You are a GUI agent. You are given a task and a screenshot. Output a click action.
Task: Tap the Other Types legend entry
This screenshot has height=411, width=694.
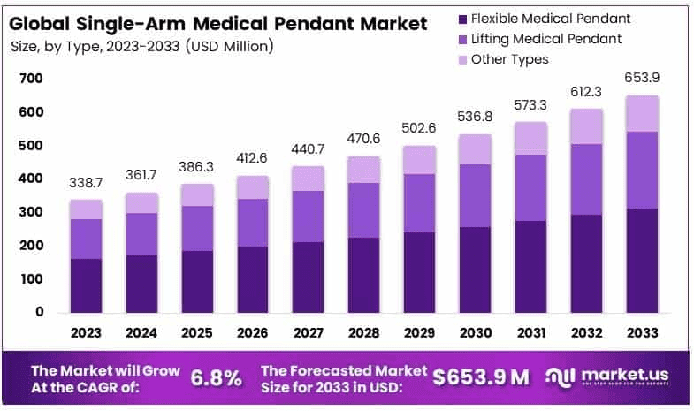click(x=509, y=59)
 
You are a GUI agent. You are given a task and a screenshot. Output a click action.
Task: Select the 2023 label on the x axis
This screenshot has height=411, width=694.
click(x=86, y=333)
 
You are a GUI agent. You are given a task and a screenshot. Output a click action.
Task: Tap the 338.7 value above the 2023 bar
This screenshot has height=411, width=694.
click(x=86, y=182)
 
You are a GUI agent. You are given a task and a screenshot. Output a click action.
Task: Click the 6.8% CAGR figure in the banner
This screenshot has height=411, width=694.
click(x=216, y=377)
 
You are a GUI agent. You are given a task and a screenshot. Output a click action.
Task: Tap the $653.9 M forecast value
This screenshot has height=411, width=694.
click(x=481, y=377)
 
